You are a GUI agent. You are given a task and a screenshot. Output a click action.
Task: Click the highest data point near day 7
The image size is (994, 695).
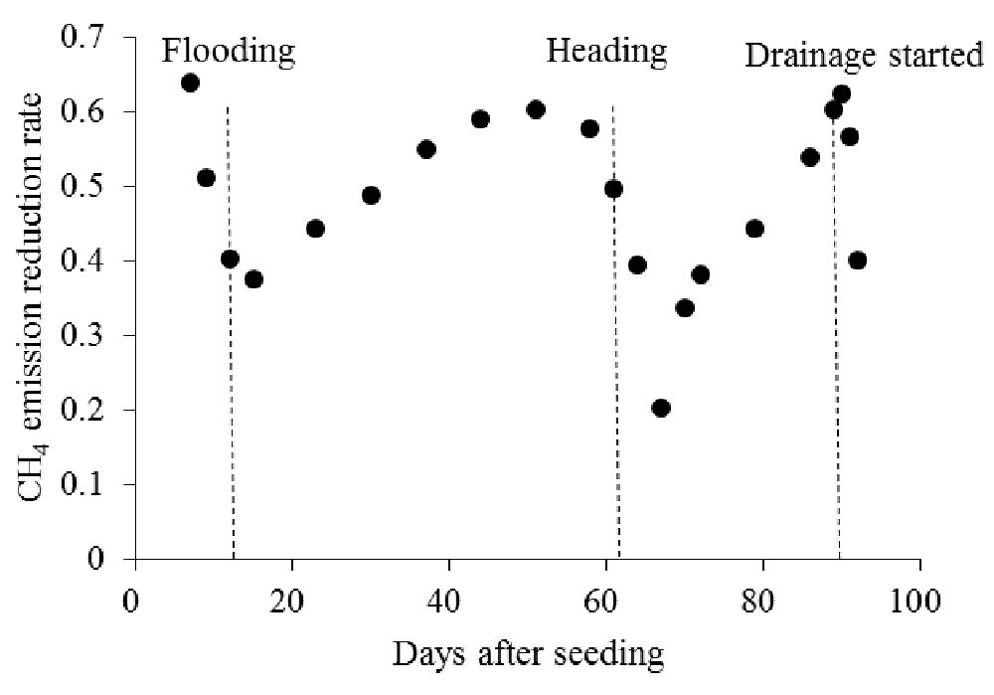190,83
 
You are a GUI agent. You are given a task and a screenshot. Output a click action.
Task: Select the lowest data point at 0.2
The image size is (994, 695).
661,408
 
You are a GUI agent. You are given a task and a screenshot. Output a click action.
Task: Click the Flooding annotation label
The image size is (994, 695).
229,52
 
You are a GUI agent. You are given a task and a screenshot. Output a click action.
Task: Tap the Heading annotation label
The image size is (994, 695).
606,52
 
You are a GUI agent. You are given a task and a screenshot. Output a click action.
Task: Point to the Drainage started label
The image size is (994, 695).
864,56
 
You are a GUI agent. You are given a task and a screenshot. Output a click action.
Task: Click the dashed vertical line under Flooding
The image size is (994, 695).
231,398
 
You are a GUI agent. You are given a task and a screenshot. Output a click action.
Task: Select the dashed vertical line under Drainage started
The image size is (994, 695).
837,398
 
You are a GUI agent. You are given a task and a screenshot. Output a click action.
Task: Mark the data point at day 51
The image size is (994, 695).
536,109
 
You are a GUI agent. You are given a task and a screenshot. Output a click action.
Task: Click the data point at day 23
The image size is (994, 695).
315,229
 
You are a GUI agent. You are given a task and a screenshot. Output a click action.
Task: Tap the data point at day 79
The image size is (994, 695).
754,229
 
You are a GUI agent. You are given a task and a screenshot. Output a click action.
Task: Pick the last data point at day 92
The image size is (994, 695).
857,261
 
